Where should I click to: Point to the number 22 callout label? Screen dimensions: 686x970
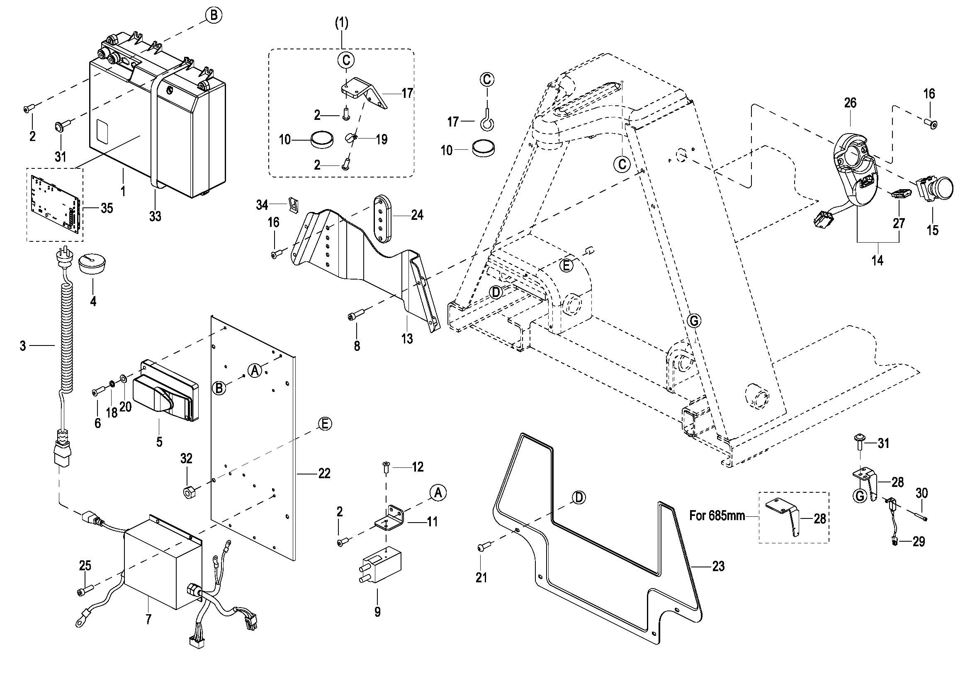coord(324,474)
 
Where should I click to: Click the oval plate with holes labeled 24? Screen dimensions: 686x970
coord(384,219)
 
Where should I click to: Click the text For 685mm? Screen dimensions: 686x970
coord(717,516)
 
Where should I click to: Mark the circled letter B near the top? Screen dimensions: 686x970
coord(214,15)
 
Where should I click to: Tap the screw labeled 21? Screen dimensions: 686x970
coord(482,547)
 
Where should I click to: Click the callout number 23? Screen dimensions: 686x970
coord(718,566)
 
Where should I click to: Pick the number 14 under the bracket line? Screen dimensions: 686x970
coord(878,260)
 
